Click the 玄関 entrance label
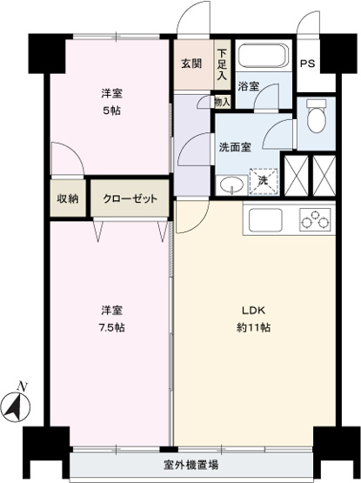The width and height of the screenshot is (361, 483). (x=191, y=64)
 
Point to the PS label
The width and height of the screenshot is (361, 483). (x=308, y=64)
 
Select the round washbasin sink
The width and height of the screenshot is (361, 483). (x=231, y=184)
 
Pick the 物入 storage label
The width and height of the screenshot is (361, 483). (x=223, y=102)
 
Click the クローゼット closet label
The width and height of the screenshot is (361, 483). (x=130, y=198)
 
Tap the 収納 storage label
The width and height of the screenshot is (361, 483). (x=68, y=198)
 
